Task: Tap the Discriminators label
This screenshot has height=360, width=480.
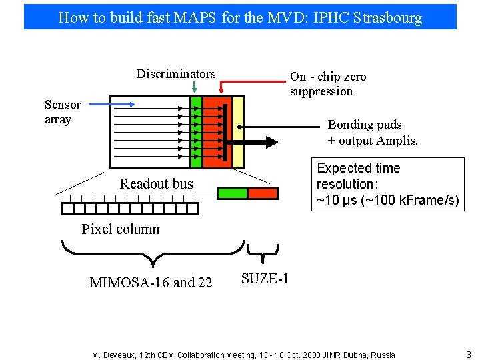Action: click(176, 73)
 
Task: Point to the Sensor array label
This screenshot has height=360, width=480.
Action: click(62, 112)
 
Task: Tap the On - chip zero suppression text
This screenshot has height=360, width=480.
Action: click(327, 84)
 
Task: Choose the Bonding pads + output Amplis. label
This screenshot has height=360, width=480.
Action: click(373, 132)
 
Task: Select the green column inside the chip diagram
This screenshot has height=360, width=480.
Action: click(196, 132)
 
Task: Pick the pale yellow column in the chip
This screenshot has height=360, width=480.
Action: click(239, 132)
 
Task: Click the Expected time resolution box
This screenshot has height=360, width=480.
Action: click(387, 184)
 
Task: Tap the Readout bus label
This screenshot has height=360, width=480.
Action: click(156, 184)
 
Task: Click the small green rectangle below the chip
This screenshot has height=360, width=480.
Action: click(233, 193)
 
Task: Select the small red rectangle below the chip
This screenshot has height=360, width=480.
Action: click(263, 193)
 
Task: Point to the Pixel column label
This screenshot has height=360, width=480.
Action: click(121, 229)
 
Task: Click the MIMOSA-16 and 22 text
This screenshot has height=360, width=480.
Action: click(151, 283)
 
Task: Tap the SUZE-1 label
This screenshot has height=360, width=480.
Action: click(265, 279)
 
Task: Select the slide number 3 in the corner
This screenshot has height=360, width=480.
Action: click(468, 355)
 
